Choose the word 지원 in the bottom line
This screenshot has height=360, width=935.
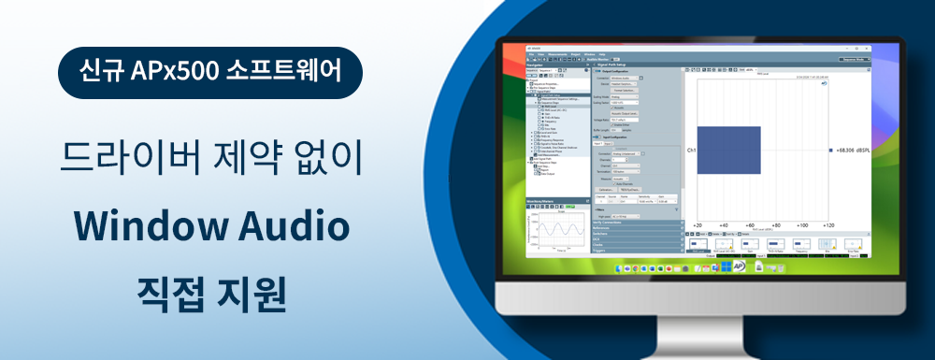point(251,292)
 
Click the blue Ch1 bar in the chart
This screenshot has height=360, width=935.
point(729,150)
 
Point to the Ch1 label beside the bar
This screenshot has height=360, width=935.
point(691,150)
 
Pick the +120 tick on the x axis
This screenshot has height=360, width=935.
point(827,225)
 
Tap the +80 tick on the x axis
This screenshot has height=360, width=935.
point(775,225)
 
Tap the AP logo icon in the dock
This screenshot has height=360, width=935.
point(739,267)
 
